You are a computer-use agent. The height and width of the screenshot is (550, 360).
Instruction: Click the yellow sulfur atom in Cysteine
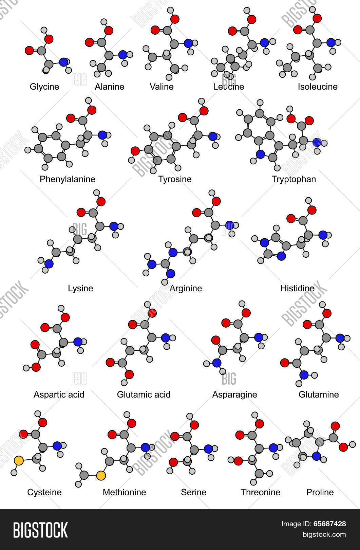[x=19, y=460]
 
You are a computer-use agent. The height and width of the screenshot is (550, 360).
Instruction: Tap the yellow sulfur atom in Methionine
[x=101, y=475]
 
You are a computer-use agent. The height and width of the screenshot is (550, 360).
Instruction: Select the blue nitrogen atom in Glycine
[x=63, y=62]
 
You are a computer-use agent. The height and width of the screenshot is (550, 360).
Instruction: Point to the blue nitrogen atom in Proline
[x=317, y=456]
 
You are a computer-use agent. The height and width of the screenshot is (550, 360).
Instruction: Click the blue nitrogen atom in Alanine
[x=123, y=55]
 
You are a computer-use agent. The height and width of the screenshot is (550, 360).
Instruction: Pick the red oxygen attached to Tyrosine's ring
[x=135, y=151]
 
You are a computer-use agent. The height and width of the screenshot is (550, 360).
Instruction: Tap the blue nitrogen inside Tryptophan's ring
[x=260, y=154]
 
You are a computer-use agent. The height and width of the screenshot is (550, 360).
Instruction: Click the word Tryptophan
[x=294, y=179]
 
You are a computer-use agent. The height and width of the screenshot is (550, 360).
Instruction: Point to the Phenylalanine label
[x=68, y=179]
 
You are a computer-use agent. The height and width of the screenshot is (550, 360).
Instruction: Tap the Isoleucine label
[x=318, y=87]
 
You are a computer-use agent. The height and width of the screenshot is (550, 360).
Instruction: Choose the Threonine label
[x=260, y=492]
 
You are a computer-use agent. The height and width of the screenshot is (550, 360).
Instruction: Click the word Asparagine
[x=234, y=395]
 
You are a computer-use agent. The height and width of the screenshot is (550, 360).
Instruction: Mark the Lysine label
[x=80, y=288]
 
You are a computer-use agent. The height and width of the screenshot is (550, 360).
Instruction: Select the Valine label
[x=162, y=87]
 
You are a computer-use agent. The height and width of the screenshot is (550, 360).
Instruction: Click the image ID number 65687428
[x=329, y=524]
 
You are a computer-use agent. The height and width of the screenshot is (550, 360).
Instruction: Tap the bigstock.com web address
[x=324, y=534]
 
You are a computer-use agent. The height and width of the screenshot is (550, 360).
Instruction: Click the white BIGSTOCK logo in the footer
[x=40, y=530]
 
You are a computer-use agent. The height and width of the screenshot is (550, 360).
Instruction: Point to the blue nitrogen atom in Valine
[x=188, y=43]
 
